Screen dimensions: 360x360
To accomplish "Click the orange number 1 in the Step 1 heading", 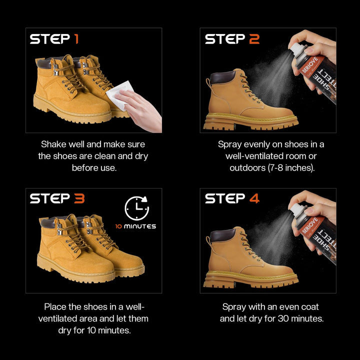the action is click(x=76, y=39).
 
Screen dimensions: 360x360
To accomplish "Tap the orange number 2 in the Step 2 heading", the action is click(x=254, y=39).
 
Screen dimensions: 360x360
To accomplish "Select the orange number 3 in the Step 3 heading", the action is click(x=79, y=198).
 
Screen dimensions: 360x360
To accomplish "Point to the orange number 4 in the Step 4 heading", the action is click(x=254, y=198).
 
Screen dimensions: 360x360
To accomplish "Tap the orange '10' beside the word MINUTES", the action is click(x=118, y=226).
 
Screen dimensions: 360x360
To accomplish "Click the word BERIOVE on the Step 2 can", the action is click(x=310, y=64).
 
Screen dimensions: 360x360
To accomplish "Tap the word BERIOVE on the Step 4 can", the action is click(x=310, y=225).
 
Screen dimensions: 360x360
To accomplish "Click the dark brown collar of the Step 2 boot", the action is click(x=223, y=77).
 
